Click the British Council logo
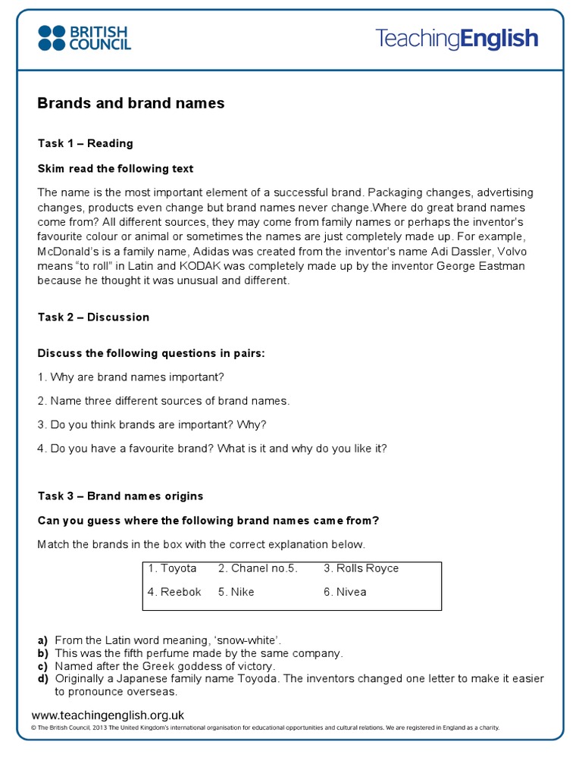coord(84,38)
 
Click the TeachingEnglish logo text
coord(457,39)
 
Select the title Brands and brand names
coord(131,103)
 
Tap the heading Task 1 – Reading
coord(85,143)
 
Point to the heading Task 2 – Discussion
coord(93,317)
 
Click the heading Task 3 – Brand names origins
coord(120,496)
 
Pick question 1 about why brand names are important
coord(131,377)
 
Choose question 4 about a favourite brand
coord(212,448)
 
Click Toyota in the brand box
coord(173,568)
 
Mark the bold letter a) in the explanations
coord(43,640)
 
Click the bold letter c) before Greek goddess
coord(43,666)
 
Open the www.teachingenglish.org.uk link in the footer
coord(108,715)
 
